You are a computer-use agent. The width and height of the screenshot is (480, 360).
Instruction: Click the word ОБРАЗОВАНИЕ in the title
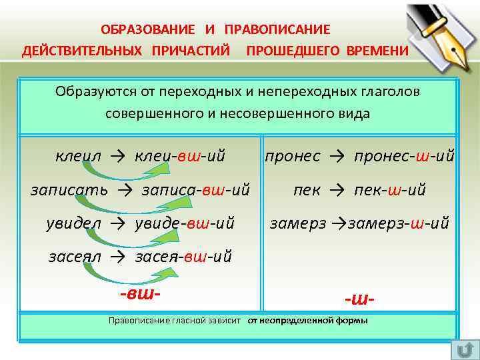coord(147,30)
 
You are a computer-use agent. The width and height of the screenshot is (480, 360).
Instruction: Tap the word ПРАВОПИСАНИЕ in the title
coord(277,30)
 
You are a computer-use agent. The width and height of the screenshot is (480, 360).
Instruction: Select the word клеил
coord(79,157)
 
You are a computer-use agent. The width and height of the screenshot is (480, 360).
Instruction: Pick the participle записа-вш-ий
coord(196,190)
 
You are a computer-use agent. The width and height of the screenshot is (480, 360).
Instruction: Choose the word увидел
coord(73,223)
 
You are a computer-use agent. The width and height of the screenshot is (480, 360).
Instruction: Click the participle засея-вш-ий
coord(183,257)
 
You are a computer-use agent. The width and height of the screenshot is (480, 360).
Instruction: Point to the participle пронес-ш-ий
coord(405,157)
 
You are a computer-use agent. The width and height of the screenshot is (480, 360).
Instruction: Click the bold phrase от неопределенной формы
coord(307,321)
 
